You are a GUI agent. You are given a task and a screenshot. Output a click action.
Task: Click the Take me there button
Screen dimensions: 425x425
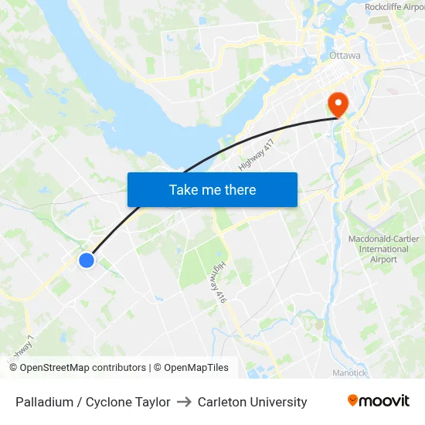[212, 190]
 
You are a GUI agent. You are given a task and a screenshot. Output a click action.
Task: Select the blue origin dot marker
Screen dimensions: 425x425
[87, 260]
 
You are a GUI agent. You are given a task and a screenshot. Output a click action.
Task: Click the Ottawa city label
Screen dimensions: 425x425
[345, 56]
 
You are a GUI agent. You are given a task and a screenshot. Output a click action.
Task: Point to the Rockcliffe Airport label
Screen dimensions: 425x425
[394, 7]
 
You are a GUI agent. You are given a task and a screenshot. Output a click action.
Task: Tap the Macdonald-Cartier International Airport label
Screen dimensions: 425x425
[383, 249]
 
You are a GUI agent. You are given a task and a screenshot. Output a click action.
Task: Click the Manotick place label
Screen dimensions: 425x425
[350, 372]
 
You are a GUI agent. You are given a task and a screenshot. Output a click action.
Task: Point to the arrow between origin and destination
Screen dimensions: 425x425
[184, 402]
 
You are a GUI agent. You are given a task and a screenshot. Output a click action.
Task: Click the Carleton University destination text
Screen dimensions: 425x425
[252, 402]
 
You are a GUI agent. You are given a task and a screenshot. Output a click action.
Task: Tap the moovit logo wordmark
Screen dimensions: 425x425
[384, 401]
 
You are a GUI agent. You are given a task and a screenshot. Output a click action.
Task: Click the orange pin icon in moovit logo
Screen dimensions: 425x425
[353, 401]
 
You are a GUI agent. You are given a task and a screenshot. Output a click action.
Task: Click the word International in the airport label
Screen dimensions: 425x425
[383, 249]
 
